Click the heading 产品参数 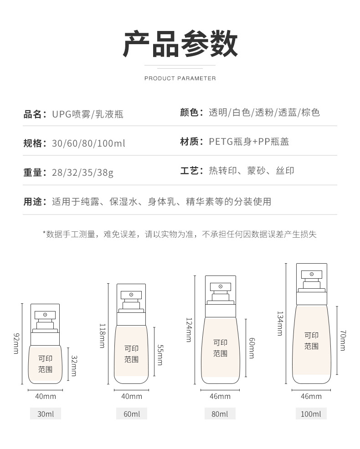(x=180, y=44)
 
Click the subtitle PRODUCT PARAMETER (x=180, y=78)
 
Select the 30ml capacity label (x=45, y=414)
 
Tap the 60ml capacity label (x=131, y=414)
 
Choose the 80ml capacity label (x=220, y=414)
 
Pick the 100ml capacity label (x=311, y=414)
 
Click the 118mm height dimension (x=103, y=336)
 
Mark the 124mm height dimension (x=188, y=330)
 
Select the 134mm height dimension (x=279, y=323)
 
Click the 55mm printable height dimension (x=160, y=354)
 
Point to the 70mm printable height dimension (x=342, y=341)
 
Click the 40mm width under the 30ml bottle (x=45, y=396)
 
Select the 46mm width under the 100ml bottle (x=311, y=396)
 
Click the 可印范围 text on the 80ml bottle (x=221, y=347)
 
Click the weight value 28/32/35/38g (x=83, y=173)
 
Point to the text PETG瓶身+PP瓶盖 (x=249, y=142)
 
